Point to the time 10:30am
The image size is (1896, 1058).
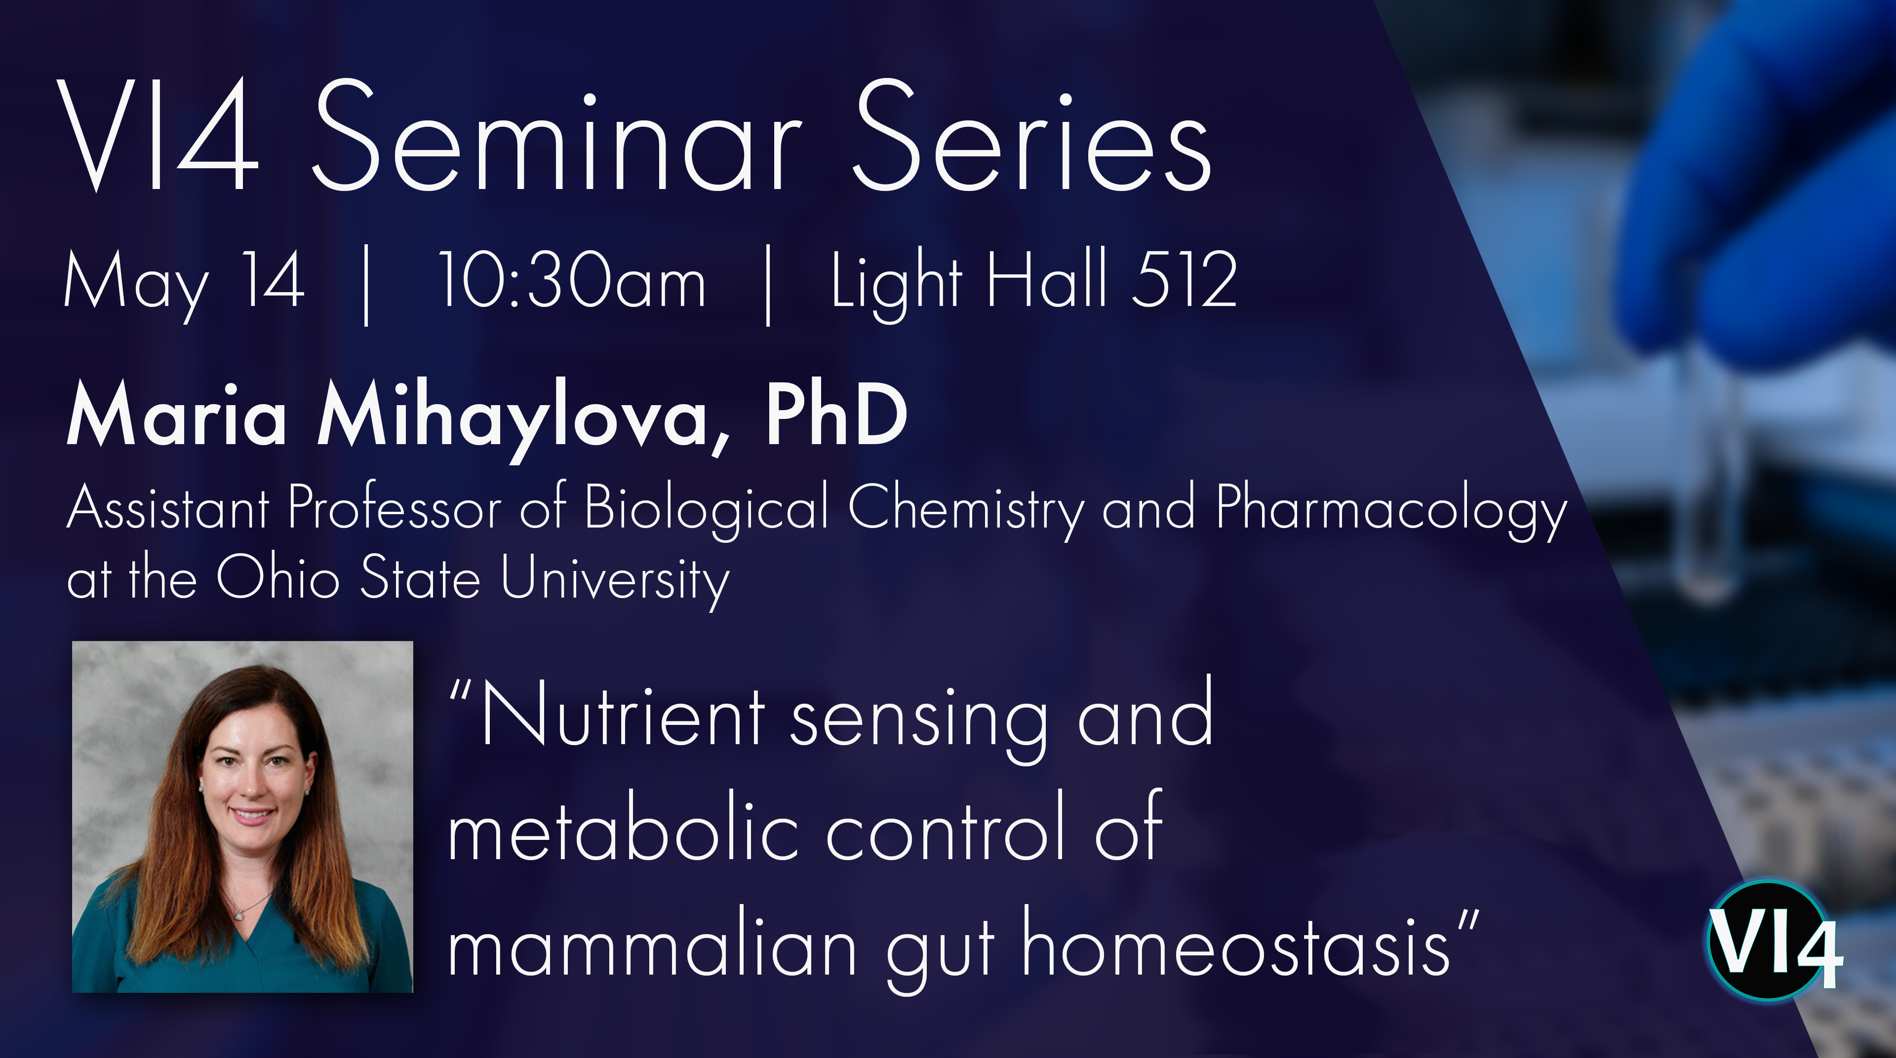coord(572,280)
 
